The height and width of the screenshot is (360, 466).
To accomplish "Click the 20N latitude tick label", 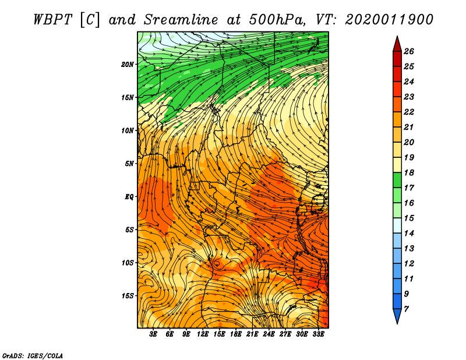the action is coord(128,65).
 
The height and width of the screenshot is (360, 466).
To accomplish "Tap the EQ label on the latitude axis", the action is coord(129,197).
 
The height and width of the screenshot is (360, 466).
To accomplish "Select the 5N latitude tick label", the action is coord(129,164).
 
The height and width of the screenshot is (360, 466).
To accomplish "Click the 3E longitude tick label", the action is coord(153,334).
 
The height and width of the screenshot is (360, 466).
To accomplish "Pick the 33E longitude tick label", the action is coord(318,334).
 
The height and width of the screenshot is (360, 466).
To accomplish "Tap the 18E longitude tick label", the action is coord(236,334).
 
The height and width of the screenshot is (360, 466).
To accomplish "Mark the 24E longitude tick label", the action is coord(269,334).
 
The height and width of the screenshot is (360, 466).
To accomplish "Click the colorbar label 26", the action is coord(409,51).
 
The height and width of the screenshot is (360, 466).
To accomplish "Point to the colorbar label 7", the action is coord(406,309).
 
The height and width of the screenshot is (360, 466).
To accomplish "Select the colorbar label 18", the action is coord(409,172).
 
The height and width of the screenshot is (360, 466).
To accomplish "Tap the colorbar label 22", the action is coord(409,112).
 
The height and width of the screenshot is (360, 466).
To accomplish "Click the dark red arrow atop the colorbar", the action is coord(397,45).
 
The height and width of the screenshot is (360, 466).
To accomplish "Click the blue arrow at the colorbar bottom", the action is coord(397,316).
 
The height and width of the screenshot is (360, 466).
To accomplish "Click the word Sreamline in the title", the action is coord(181,20).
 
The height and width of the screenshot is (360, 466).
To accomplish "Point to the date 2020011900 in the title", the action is coord(389,20).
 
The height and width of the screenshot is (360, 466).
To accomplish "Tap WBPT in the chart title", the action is coord(53,20).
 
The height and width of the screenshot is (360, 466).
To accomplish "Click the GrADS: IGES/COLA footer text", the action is coord(33,355).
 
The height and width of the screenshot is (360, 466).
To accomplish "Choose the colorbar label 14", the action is coord(409,234).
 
